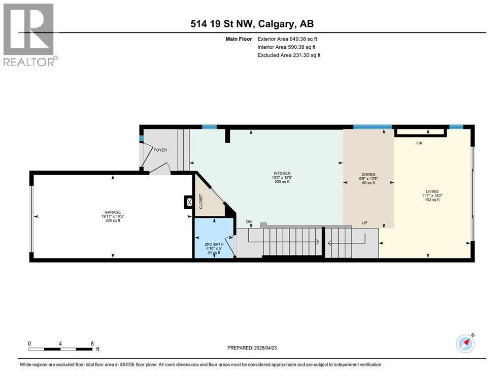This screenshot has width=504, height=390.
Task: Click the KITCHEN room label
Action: click(282, 173)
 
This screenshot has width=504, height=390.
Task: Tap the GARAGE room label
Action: click(113, 212)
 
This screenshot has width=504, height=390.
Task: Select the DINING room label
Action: click(368, 175)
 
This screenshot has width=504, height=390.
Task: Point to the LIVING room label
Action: click(432, 191)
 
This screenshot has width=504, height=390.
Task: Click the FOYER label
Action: click(160, 150)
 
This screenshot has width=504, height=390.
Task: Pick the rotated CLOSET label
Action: click(201, 202)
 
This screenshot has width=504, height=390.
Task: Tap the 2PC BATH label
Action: click(214, 244)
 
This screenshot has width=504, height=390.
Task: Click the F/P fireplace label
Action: click(419, 143)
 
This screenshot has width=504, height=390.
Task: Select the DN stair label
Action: click(249, 222)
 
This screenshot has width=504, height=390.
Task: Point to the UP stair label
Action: click(364, 223)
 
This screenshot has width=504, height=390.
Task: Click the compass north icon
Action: click(465, 343)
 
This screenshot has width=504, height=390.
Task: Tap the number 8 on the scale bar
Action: click(92, 343)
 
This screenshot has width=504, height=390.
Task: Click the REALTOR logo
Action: click(30, 35)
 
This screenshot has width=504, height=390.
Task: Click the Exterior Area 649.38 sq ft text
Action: click(287, 39)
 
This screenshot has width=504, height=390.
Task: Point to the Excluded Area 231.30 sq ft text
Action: click(289, 55)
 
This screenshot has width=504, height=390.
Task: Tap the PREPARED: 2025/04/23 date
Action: click(252, 348)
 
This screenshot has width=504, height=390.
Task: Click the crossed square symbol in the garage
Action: click(190, 202)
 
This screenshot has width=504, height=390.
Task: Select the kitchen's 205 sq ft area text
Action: click(282, 182)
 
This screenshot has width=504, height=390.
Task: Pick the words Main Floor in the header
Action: click(239, 39)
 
